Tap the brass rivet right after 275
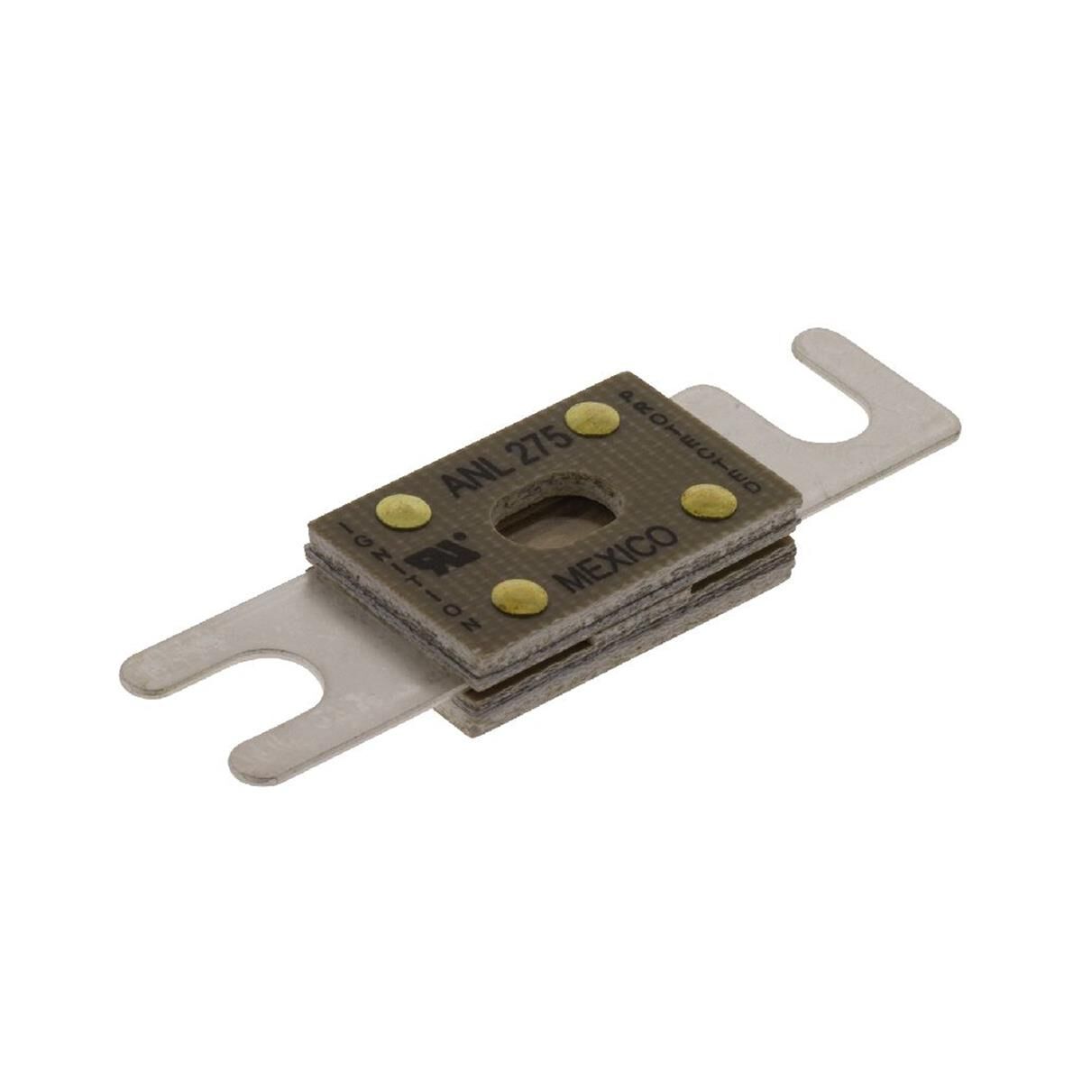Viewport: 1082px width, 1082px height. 592,417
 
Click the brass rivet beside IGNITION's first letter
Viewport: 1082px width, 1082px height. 402,511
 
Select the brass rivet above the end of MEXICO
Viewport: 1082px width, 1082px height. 708,501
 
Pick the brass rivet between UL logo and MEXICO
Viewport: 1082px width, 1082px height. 520,595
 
